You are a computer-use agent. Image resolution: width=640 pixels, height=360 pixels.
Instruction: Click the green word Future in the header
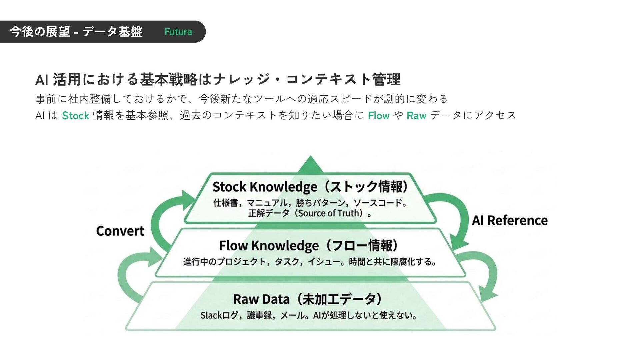coord(178,32)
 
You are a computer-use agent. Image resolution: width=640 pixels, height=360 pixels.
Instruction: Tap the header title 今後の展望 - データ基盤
coord(76,32)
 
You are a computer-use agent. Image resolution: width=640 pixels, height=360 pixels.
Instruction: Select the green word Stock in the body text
coord(75,116)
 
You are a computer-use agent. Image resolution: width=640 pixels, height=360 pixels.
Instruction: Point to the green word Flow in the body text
coord(378,116)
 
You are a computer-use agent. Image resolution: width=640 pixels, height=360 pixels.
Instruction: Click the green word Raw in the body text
coord(416,116)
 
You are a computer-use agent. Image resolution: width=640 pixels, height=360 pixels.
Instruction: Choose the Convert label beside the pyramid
coord(120,231)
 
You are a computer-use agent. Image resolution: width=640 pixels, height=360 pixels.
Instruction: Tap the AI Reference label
coord(510,221)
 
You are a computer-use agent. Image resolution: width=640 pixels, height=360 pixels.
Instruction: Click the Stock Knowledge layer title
coord(310,187)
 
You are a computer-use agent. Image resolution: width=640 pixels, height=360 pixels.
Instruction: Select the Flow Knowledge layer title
coord(308,246)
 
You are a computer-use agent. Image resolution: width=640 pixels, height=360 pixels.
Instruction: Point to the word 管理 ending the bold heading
coord(386,79)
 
